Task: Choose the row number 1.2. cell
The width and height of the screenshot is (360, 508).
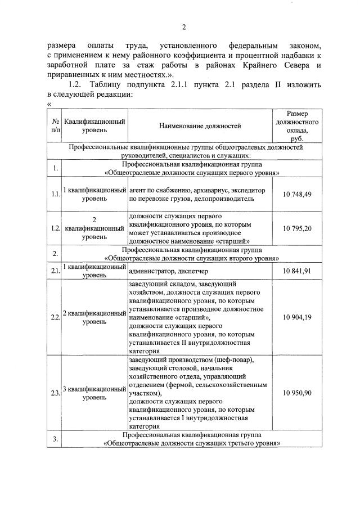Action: coord(55,228)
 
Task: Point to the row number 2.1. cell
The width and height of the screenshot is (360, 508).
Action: coord(55,271)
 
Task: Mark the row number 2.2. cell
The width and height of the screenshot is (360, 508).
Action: coord(55,318)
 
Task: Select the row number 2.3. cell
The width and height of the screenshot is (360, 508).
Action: coord(55,393)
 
